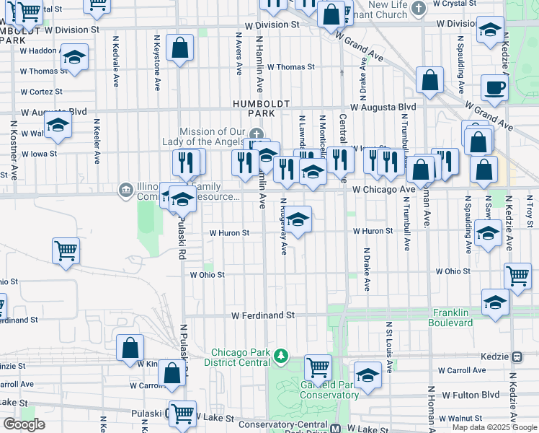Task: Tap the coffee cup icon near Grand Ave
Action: [494, 88]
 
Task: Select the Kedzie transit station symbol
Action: [517, 357]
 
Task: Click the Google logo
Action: [24, 424]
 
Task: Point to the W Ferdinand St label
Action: [263, 315]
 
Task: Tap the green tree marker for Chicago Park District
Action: [281, 356]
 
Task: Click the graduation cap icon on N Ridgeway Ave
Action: [298, 220]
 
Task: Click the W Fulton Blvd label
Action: [471, 395]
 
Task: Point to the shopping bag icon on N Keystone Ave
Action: [179, 49]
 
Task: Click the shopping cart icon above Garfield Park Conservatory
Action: [318, 367]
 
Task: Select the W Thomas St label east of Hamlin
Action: [291, 67]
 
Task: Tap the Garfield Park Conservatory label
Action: [319, 390]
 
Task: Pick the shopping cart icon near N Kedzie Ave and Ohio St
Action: [517, 276]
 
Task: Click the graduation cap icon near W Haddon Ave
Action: [74, 58]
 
